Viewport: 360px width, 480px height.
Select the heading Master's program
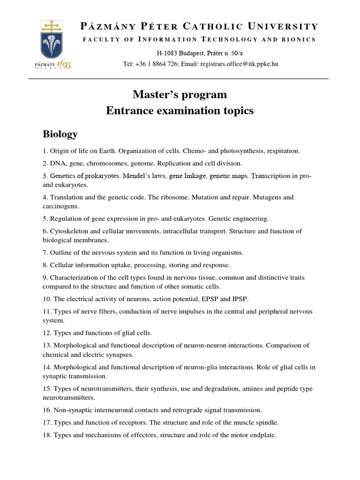click(180, 95)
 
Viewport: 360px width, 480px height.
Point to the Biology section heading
click(60, 135)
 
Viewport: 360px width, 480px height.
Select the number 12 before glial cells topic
click(46, 333)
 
